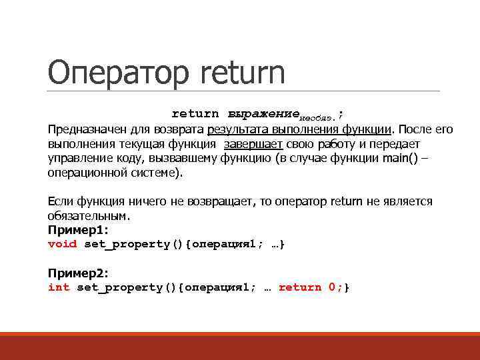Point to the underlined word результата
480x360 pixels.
pyautogui.click(x=237, y=129)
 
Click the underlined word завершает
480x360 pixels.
pyautogui.click(x=254, y=143)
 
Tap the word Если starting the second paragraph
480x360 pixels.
pyautogui.click(x=61, y=201)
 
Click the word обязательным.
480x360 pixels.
pyautogui.click(x=86, y=216)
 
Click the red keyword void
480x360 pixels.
pyautogui.click(x=62, y=244)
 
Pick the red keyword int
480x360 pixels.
pyautogui.click(x=59, y=287)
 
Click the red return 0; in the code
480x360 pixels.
pyautogui.click(x=310, y=287)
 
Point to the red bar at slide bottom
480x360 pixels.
pyautogui.click(x=240, y=346)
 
